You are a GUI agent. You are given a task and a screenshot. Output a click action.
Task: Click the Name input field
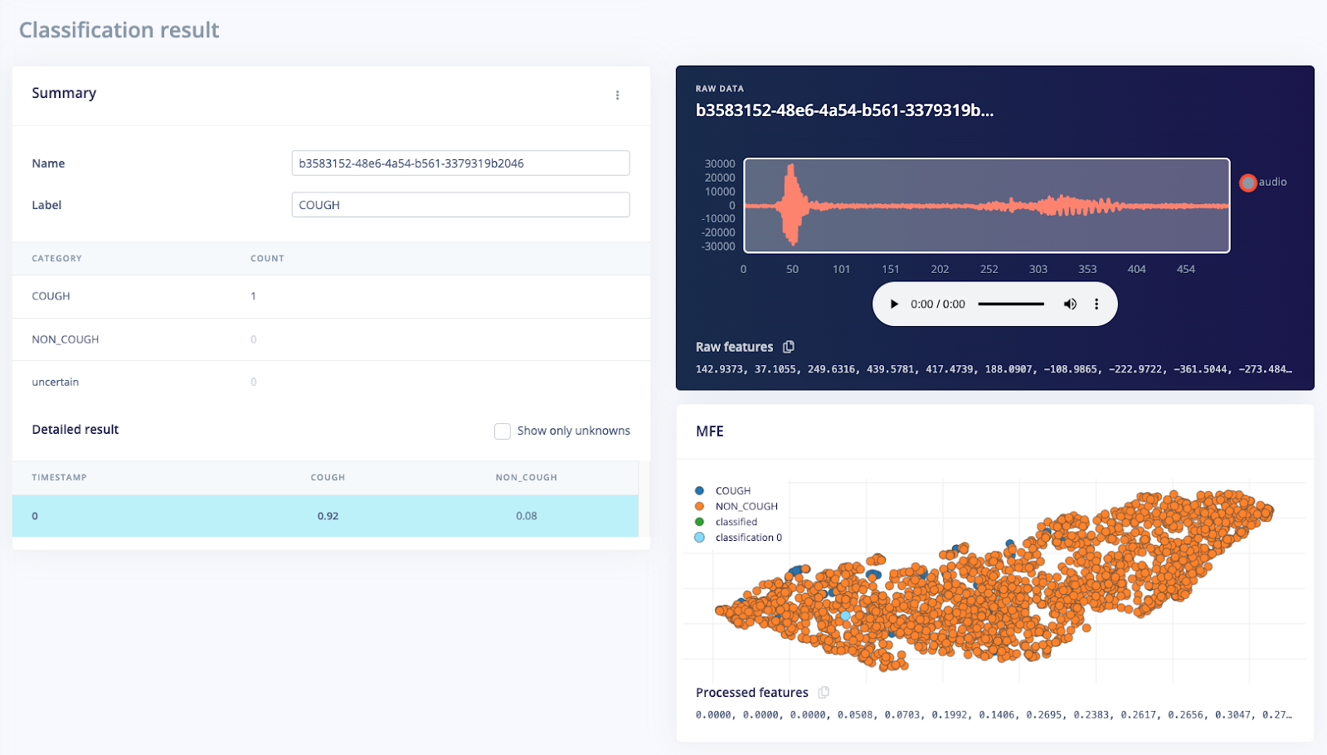[x=460, y=163]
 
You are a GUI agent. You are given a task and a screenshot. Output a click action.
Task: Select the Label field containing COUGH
[x=460, y=205]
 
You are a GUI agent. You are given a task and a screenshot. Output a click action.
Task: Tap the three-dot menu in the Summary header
[x=617, y=95]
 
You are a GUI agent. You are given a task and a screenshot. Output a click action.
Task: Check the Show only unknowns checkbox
[x=503, y=431]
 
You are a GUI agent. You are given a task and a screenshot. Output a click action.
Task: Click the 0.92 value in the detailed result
[x=328, y=516]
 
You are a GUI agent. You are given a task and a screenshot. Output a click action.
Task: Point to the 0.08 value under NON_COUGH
[x=526, y=516]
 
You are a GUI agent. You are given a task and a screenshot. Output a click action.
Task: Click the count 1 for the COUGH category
[x=254, y=296]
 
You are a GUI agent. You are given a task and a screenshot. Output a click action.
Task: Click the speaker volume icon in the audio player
[x=1070, y=304]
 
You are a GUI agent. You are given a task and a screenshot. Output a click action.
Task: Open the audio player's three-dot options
[x=1096, y=304]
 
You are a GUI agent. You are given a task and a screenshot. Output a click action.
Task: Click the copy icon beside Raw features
[x=789, y=347]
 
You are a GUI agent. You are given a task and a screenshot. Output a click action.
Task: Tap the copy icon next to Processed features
[x=824, y=693]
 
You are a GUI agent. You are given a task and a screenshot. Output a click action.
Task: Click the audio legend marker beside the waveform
[x=1247, y=183]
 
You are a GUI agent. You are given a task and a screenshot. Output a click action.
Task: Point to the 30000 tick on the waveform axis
[x=719, y=164]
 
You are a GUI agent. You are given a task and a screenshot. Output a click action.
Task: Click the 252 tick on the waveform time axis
[x=989, y=270]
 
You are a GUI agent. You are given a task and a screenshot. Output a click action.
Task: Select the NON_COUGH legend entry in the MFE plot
[x=746, y=507]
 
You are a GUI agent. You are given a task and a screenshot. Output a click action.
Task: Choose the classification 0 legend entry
[x=747, y=538]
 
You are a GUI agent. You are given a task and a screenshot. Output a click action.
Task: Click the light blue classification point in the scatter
[x=845, y=616]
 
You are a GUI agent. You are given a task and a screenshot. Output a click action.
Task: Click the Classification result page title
[x=119, y=31]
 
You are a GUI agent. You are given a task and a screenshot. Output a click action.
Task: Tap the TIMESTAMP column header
[x=59, y=478]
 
